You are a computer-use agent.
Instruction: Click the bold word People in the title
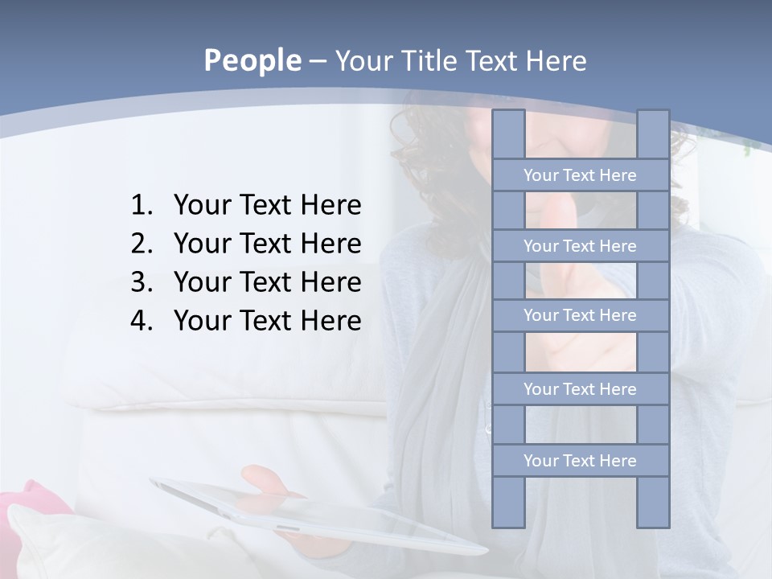(x=252, y=60)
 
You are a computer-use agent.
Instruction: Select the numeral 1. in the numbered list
(x=142, y=206)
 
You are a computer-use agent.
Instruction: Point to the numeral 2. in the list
(x=142, y=244)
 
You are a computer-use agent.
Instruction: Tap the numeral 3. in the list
(x=142, y=282)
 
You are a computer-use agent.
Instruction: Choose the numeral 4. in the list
(x=142, y=321)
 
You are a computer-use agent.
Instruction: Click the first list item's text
(x=267, y=206)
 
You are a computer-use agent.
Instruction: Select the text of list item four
(x=267, y=321)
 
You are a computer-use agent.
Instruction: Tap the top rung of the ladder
(x=580, y=175)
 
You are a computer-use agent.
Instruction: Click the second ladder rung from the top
(x=580, y=246)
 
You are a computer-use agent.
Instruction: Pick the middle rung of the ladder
(x=580, y=315)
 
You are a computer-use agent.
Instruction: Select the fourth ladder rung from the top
(x=580, y=389)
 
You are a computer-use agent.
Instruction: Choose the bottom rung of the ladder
(x=580, y=461)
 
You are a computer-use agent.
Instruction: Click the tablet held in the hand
(x=322, y=515)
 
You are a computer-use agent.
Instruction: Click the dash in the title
(x=317, y=61)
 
